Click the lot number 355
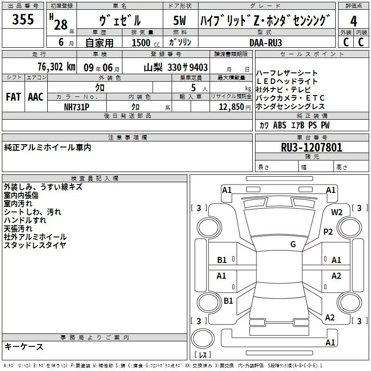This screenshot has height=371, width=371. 23,20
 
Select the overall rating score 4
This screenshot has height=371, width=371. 353,21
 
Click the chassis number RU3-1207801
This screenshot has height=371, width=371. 312,147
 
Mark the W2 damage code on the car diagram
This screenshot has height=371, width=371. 337,212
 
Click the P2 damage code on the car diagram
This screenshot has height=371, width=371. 328,232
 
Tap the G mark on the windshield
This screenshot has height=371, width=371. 293,244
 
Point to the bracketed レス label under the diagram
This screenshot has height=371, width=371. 202,355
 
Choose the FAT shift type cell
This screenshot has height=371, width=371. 13,97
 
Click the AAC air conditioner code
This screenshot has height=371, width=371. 35,97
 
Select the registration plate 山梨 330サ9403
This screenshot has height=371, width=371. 175,67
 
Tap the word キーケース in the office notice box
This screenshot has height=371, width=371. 24,347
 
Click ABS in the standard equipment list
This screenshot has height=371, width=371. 280,125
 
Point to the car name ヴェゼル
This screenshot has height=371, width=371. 120,21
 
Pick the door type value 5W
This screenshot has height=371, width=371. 180,21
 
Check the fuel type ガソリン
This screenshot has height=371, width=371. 180,42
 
